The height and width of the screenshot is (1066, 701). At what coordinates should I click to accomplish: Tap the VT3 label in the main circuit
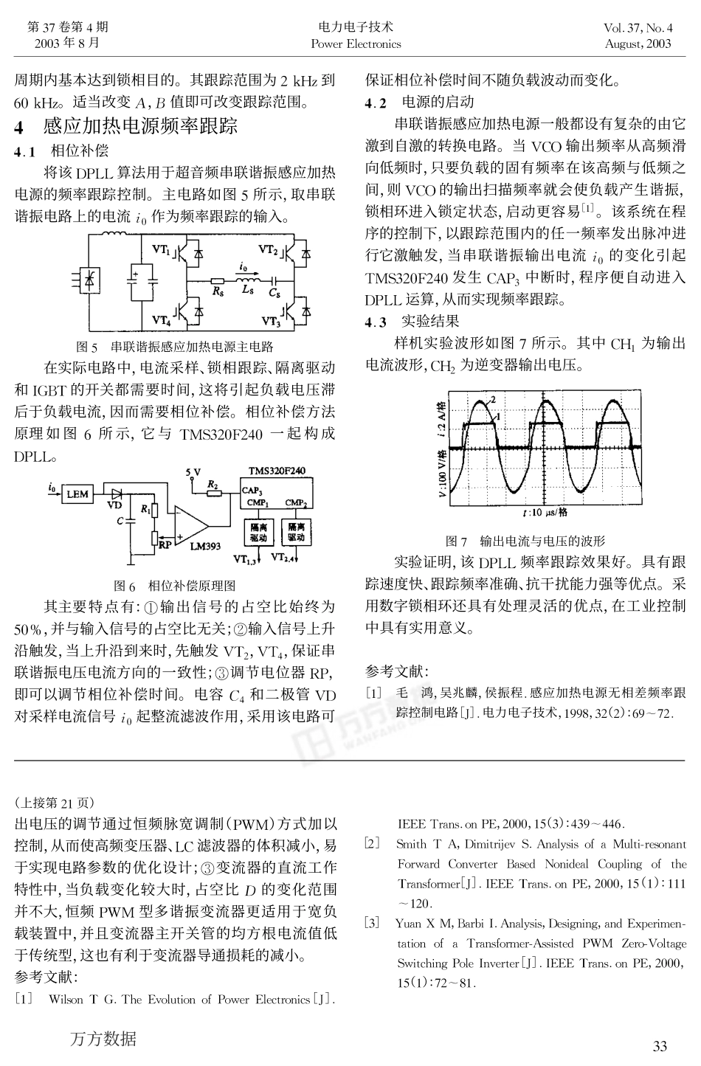click(x=271, y=321)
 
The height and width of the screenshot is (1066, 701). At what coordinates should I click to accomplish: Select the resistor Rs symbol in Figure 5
click(x=218, y=281)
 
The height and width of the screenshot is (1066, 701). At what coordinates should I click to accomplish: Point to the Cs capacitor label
click(x=274, y=294)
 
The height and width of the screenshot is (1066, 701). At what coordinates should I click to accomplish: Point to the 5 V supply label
click(x=193, y=471)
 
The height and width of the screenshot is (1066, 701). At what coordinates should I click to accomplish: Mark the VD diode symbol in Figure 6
click(x=115, y=494)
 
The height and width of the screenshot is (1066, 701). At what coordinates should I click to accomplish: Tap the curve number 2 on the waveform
click(x=492, y=398)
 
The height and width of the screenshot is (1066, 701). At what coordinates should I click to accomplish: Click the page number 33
click(x=660, y=1045)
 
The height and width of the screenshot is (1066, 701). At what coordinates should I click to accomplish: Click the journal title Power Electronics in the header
click(x=356, y=44)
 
